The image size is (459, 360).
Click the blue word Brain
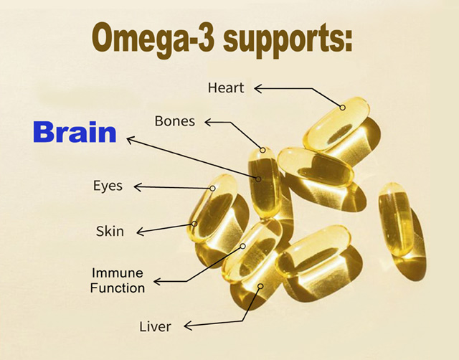[x=75, y=132]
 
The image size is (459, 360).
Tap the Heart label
[x=226, y=87]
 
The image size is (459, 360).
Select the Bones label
[x=175, y=121]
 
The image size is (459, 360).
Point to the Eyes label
[x=108, y=186]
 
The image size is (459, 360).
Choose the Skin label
[x=110, y=231]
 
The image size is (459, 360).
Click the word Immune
[x=118, y=273]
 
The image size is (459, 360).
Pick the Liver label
[x=155, y=326]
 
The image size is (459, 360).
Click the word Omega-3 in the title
[x=152, y=39]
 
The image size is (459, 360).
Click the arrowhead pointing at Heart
[x=257, y=88]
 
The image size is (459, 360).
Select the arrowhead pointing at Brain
[x=131, y=141]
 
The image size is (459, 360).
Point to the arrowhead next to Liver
[x=188, y=326]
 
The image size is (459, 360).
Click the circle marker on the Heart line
[x=343, y=108]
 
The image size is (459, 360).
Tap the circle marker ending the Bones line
[x=263, y=150]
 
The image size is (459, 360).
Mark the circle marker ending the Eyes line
[x=213, y=188]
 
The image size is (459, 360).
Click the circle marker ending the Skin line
[x=194, y=224]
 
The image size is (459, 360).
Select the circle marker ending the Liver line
[x=260, y=286]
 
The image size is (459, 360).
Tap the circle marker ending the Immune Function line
[x=242, y=247]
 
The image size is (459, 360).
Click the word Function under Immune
[x=118, y=288]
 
